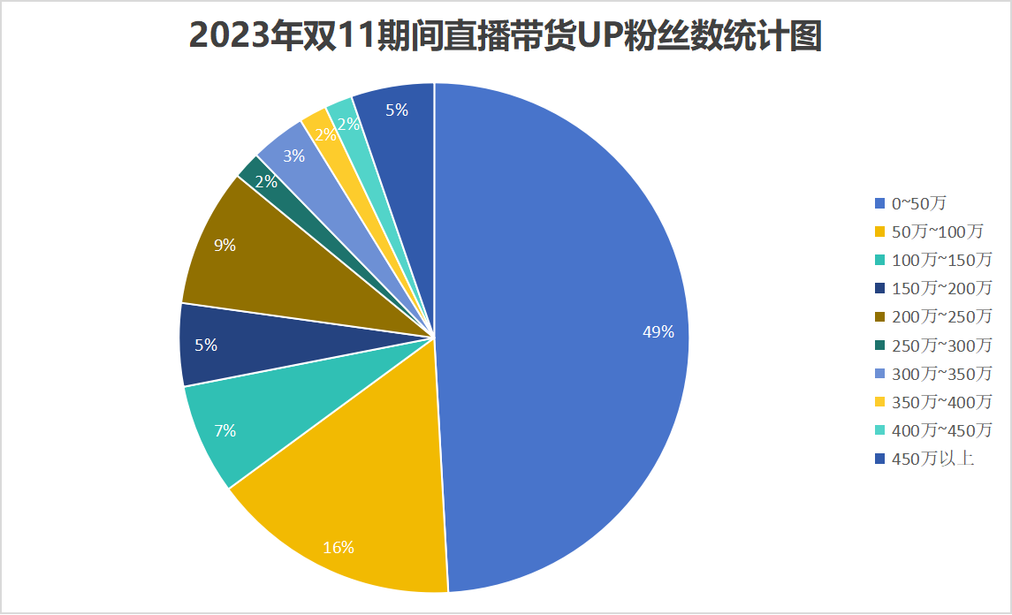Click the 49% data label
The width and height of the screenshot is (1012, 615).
coord(658,332)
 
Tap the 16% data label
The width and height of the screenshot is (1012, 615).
coord(338,548)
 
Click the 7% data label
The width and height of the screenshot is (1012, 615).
coord(224,431)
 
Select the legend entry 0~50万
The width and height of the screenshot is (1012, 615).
coord(918,203)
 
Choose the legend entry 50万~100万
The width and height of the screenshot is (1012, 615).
coord(937,232)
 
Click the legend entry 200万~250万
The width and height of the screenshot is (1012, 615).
coord(941,316)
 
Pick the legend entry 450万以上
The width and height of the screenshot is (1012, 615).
coord(932,458)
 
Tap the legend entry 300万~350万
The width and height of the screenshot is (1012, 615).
coord(941,373)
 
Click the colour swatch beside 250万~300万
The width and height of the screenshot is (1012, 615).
coord(879,345)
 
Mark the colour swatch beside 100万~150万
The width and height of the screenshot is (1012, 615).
coord(879,260)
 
